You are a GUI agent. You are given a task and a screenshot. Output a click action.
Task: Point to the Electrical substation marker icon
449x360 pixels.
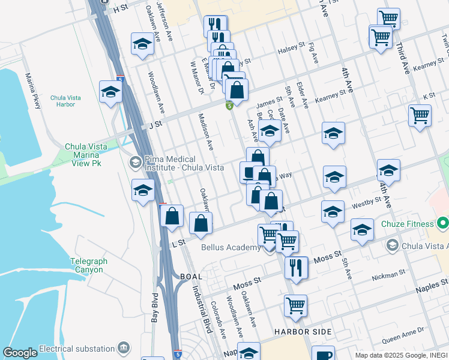[x=124, y=349]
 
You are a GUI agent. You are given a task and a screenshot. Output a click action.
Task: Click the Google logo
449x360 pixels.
[x=20, y=353]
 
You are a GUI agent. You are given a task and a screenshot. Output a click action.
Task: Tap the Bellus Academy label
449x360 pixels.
[x=231, y=247]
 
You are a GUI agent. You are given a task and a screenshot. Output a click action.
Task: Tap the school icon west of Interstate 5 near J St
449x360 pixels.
[x=110, y=92]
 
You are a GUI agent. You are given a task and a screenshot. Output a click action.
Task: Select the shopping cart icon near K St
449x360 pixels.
[x=420, y=115]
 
